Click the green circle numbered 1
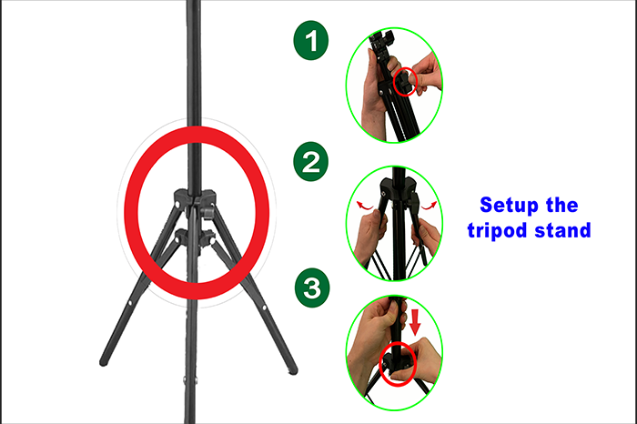311,41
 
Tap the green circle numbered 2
311,161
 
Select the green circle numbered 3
312,288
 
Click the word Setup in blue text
508,206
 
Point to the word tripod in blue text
497,231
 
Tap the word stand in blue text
562,230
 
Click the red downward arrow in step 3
415,322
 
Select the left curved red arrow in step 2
364,206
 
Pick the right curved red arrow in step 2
429,206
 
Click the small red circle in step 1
405,82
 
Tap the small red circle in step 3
398,364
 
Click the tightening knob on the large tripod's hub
208,212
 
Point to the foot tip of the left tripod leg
104,362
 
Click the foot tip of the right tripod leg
293,370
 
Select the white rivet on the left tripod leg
130,303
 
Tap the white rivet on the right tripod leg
264,308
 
